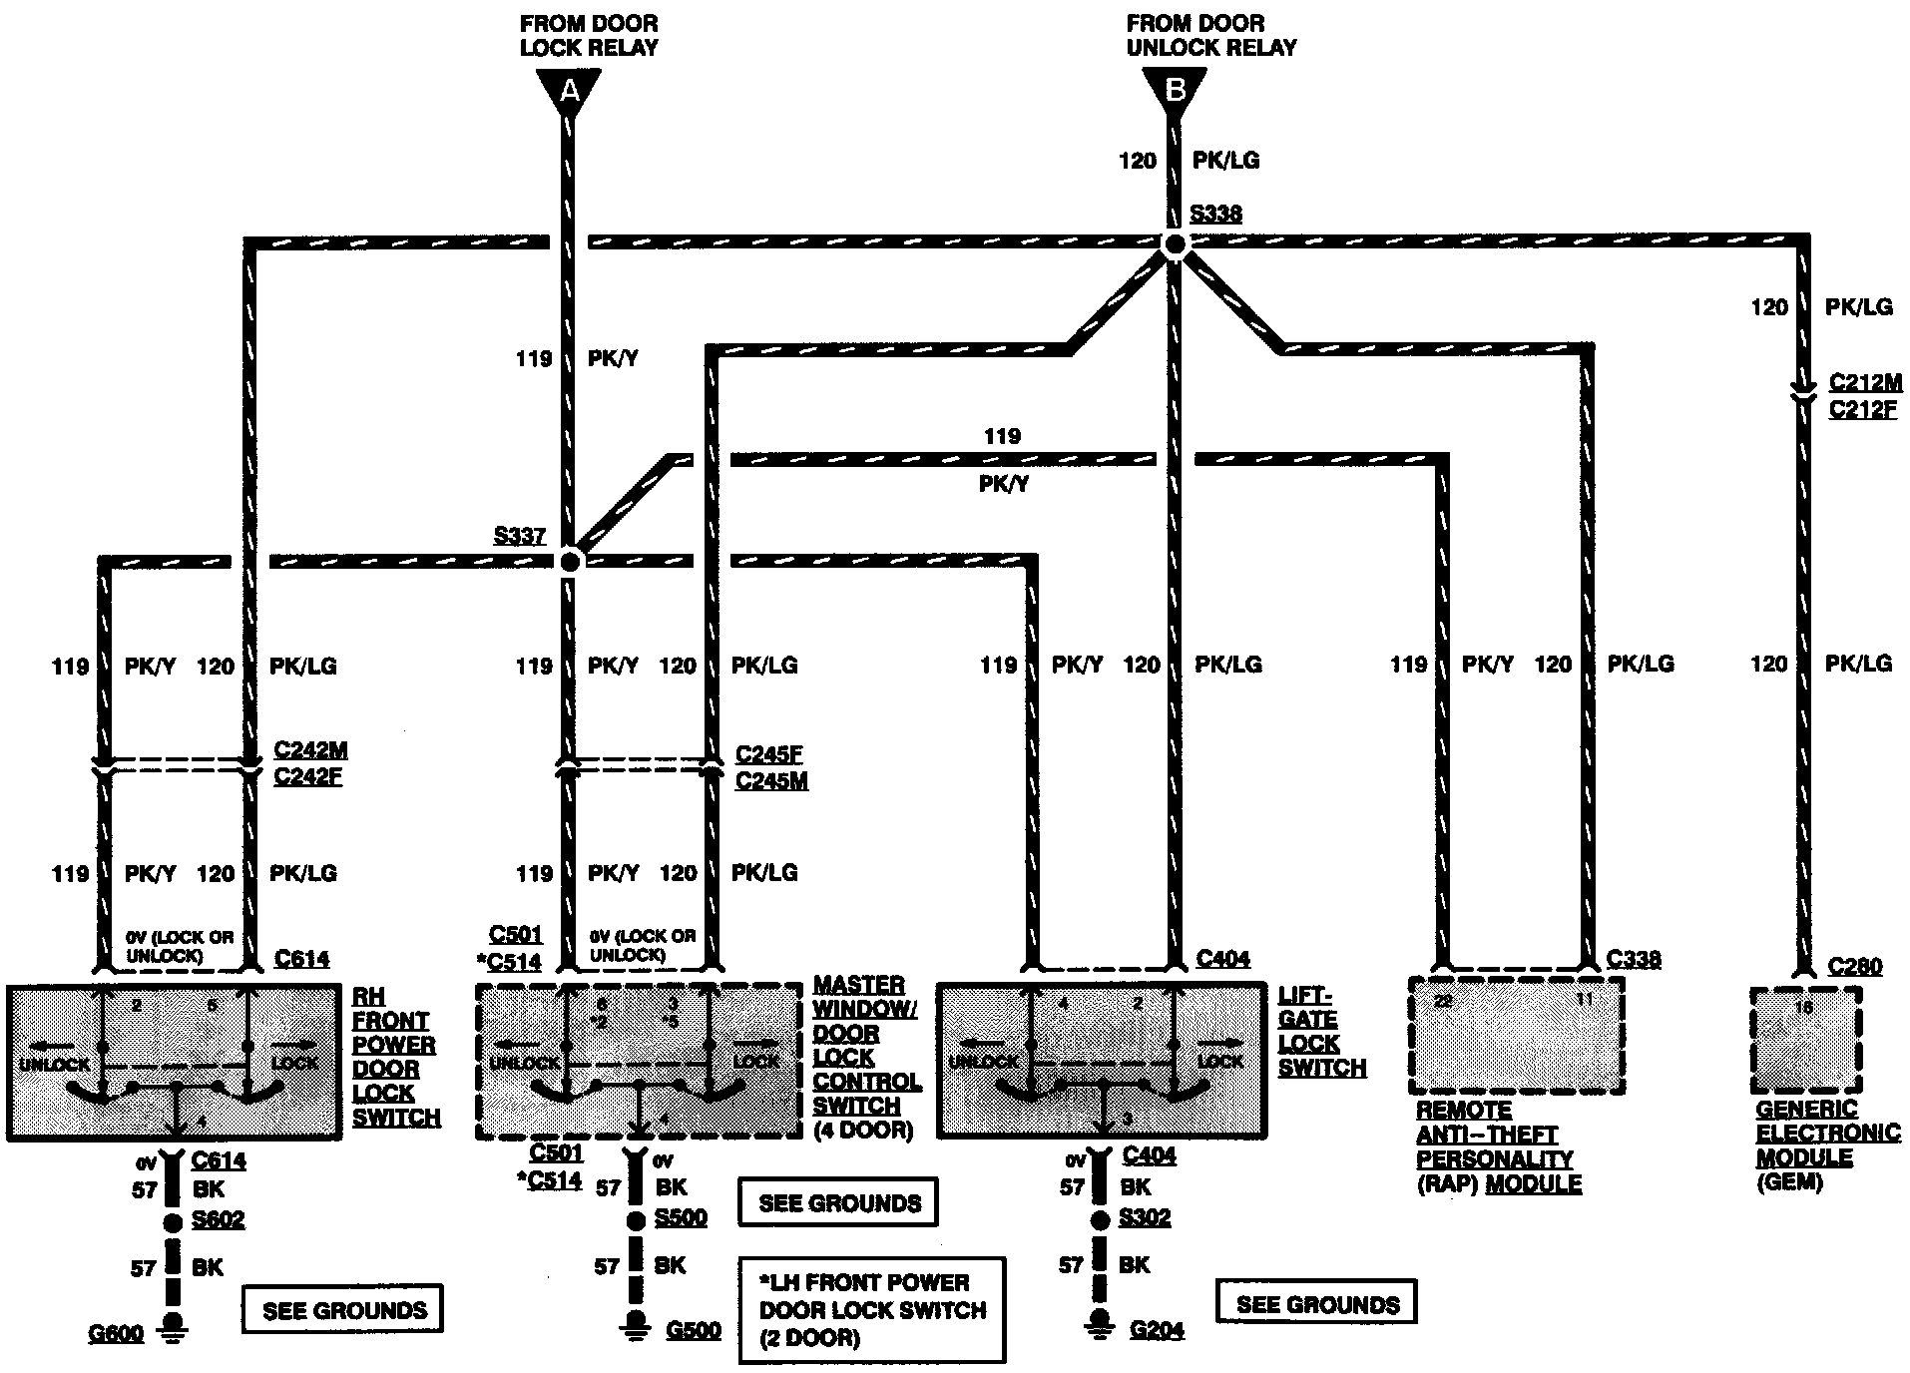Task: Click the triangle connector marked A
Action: pyautogui.click(x=569, y=91)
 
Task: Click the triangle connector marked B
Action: pyautogui.click(x=1176, y=91)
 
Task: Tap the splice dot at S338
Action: pyautogui.click(x=1176, y=243)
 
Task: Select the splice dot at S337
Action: pyautogui.click(x=570, y=562)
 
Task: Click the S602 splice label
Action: pyautogui.click(x=218, y=1219)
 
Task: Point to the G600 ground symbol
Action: pyautogui.click(x=174, y=1328)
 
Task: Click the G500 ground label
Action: pyautogui.click(x=693, y=1330)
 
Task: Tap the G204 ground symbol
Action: pyautogui.click(x=1100, y=1325)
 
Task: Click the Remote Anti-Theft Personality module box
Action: pyautogui.click(x=1515, y=1036)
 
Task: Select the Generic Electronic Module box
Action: pyautogui.click(x=1806, y=1041)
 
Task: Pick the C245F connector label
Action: pyautogui.click(x=768, y=754)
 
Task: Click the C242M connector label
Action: pyautogui.click(x=310, y=750)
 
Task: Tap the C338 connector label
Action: pyautogui.click(x=1634, y=959)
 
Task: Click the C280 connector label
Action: pyautogui.click(x=1855, y=966)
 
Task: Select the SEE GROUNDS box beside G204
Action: pyautogui.click(x=1317, y=1304)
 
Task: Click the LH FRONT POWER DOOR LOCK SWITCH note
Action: pyautogui.click(x=872, y=1310)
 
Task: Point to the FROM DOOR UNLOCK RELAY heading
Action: pyautogui.click(x=1210, y=35)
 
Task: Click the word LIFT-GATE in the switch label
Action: pyautogui.click(x=1305, y=1008)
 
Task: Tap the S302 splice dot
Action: pyautogui.click(x=1100, y=1219)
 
